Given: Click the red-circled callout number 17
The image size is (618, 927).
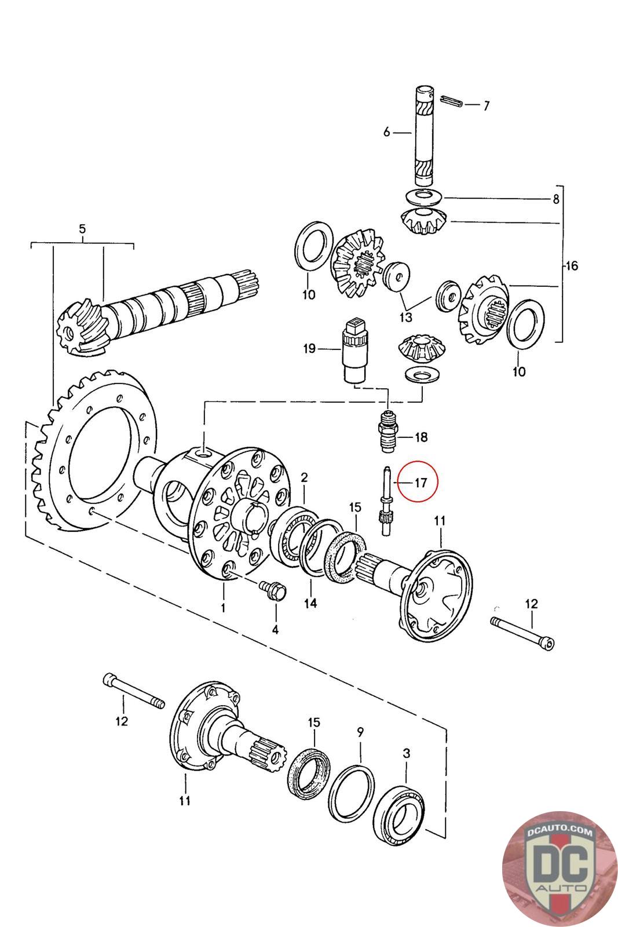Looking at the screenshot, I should [420, 481].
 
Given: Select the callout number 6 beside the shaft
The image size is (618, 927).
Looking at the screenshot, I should [387, 133].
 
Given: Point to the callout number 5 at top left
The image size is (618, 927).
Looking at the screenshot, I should [82, 229].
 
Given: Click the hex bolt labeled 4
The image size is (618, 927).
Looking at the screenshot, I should [274, 592].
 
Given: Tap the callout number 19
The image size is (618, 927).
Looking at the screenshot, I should [309, 348].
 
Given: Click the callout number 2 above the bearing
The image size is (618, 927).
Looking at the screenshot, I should [304, 477].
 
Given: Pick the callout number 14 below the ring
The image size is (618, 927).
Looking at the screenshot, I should [310, 603].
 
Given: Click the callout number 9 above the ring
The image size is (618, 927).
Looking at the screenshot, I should [360, 732].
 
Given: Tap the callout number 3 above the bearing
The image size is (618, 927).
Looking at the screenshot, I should [407, 753].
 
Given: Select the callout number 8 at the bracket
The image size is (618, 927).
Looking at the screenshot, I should [555, 199].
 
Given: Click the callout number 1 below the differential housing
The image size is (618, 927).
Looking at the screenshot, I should [223, 608].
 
